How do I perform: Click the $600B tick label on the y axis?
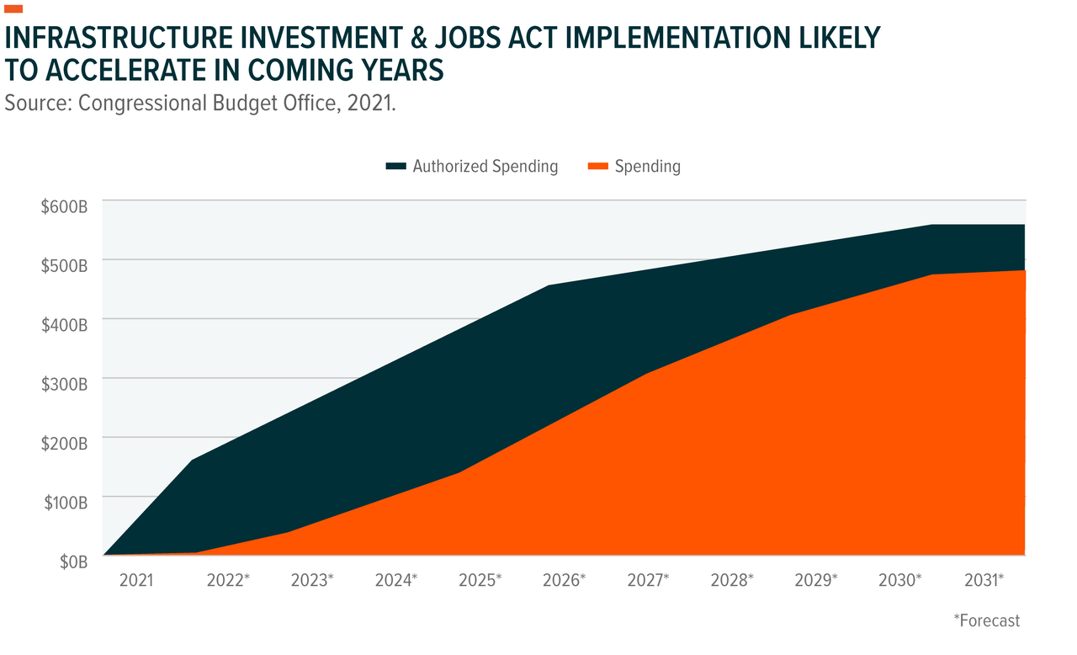coord(64,206)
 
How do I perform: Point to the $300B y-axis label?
coord(64,384)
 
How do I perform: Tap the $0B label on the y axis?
coord(73,562)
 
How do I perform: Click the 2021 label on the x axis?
coord(136,581)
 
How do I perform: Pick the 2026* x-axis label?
coord(564,581)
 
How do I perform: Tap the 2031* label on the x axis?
coord(984,581)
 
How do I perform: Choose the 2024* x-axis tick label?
coord(395,581)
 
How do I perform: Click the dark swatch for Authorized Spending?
coord(395,167)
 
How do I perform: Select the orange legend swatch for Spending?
coord(597,167)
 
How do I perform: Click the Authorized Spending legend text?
coord(485,166)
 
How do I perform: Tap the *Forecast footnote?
coord(986,620)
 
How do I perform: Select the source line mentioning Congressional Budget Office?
coord(200,104)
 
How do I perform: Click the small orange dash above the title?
coord(14,9)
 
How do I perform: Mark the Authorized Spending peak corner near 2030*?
coord(931,225)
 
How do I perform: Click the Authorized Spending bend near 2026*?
coord(548,285)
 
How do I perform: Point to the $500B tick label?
coord(64,265)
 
